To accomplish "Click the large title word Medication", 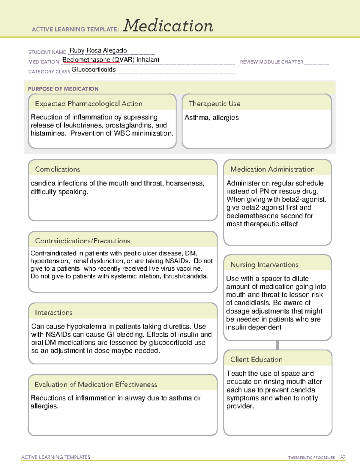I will point(168,26).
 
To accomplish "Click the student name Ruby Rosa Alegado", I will point(98,50).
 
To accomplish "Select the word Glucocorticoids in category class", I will point(94,70).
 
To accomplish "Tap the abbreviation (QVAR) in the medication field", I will point(124,60).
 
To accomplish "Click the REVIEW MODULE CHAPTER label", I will point(271,62).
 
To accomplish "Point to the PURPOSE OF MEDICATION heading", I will point(63,89).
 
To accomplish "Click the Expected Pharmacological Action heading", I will point(88,104).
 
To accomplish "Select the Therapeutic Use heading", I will point(214,104).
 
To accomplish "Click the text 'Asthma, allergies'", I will point(211,118).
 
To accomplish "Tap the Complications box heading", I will point(58,169).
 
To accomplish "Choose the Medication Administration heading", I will point(272,169).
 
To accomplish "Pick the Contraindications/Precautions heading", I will point(82,241).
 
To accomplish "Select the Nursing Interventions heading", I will point(264,265).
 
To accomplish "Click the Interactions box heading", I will point(54,313).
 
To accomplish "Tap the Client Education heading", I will point(256,359).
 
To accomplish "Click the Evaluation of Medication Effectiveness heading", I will point(96,384).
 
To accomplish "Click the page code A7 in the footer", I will point(343,457).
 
